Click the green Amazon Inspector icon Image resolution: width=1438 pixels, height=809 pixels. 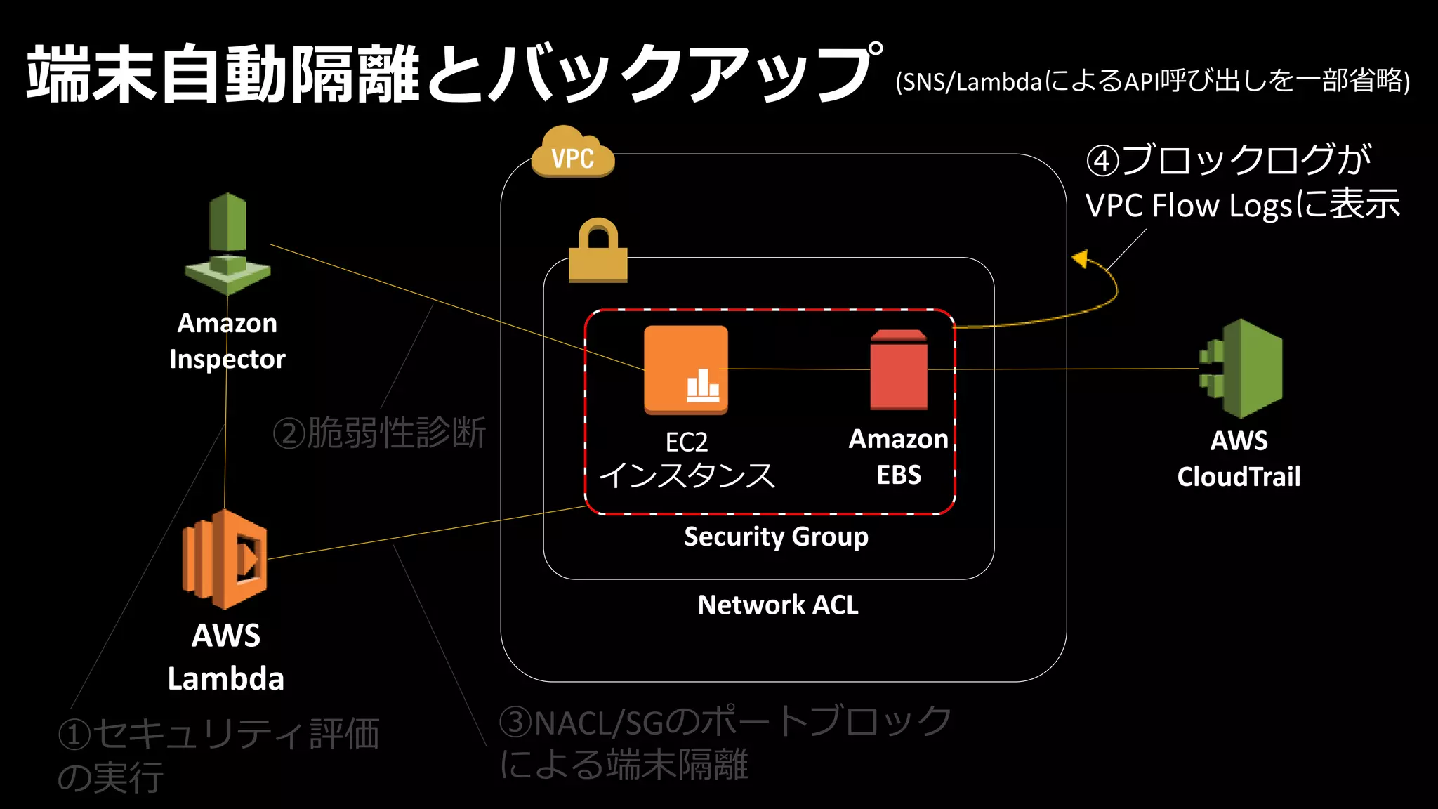pos(227,244)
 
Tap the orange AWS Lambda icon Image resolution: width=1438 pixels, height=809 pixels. pos(225,560)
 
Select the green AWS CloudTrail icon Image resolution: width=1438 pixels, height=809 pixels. pos(1241,369)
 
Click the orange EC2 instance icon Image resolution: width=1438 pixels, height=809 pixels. pos(686,369)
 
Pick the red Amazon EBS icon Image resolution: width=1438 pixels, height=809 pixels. pos(899,370)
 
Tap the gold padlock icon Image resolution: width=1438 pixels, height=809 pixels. pos(598,251)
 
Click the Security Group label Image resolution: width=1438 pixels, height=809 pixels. pos(776,537)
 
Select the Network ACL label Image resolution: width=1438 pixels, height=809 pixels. pos(778,605)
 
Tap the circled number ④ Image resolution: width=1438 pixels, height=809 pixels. pos(1102,161)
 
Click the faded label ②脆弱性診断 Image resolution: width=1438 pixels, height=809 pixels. pos(379,433)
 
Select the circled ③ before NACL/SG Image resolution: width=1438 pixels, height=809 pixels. pos(516,722)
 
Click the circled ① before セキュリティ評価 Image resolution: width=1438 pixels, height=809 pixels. pos(74,735)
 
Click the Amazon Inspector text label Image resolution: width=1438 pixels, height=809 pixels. pos(227,341)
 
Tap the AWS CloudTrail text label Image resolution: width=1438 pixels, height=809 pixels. pos(1239,459)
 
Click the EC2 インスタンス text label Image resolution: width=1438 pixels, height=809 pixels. pos(687,460)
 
